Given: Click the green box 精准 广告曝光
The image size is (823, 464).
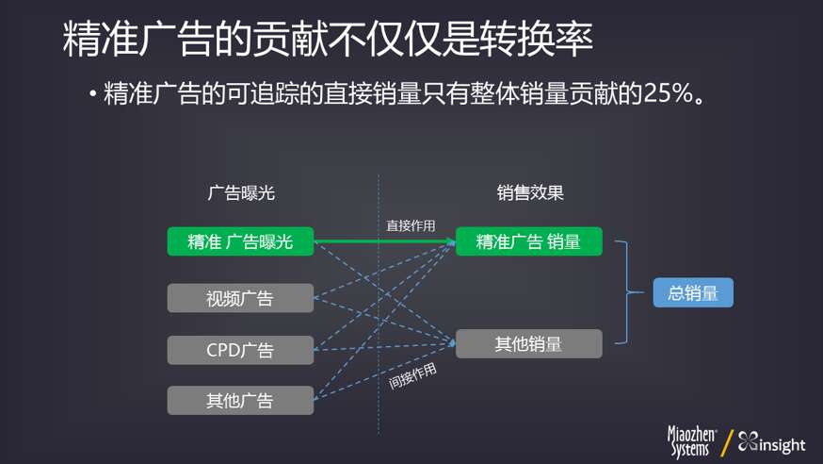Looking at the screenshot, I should (x=240, y=241).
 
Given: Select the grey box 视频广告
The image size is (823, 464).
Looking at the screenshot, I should (x=240, y=299).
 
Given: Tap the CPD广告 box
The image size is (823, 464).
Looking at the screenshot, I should (x=240, y=350).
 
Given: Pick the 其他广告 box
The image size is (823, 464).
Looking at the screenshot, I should (x=240, y=400).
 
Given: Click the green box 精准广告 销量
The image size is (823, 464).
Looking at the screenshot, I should (x=528, y=241).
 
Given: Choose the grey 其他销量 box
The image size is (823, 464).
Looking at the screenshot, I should (x=528, y=343).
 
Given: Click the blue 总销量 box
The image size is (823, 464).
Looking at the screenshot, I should (x=693, y=293).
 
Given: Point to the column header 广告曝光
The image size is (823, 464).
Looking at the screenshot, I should (x=240, y=192).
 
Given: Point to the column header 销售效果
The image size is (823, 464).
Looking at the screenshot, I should (x=530, y=192).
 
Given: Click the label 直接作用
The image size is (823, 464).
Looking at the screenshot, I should (x=411, y=225).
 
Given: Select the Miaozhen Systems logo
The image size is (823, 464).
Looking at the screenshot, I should (x=692, y=442).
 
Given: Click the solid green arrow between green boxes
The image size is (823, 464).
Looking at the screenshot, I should (x=384, y=242).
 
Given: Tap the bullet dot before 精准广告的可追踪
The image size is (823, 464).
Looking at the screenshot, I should (x=93, y=94).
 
